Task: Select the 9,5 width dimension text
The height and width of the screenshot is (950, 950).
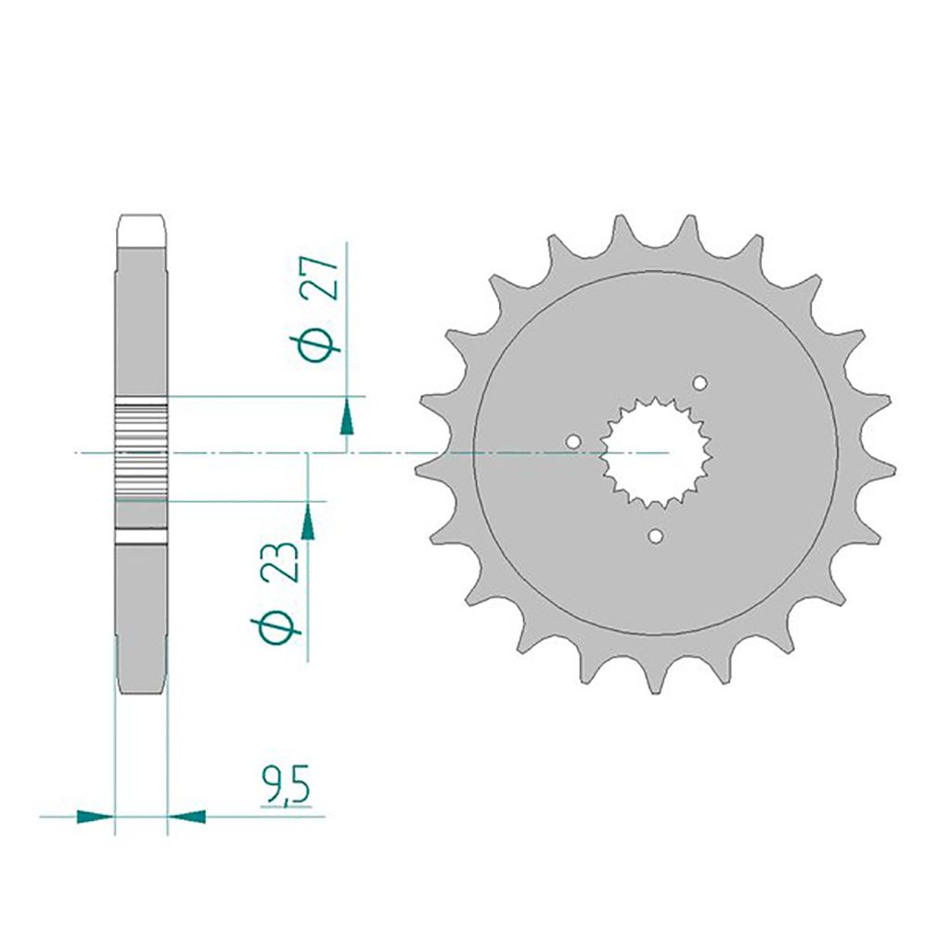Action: [286, 785]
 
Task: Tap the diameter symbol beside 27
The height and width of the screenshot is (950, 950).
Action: [319, 342]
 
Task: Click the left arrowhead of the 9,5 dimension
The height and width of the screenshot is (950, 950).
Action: [96, 816]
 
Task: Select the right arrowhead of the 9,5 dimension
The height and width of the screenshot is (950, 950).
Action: [186, 816]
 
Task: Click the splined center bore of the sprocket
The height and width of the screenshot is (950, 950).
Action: [656, 452]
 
